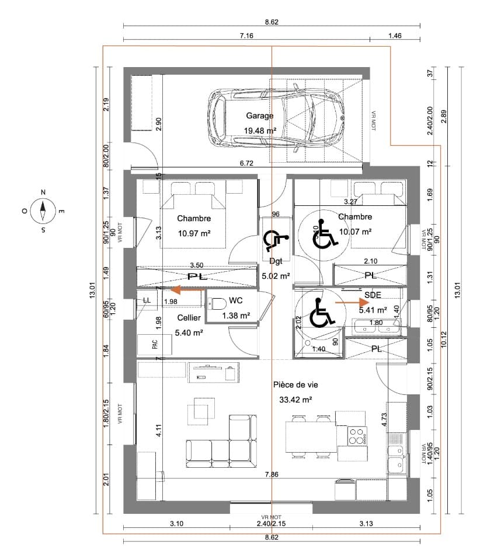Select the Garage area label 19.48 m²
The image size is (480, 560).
[x=259, y=131]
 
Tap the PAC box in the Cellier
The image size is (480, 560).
[x=155, y=344]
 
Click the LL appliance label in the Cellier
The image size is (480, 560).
[x=147, y=300]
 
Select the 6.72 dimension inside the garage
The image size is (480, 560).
[x=247, y=164]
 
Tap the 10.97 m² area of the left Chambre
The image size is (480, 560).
[x=194, y=233]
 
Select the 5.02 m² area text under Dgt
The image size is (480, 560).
[x=276, y=276]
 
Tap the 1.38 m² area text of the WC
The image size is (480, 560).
[x=236, y=316]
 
